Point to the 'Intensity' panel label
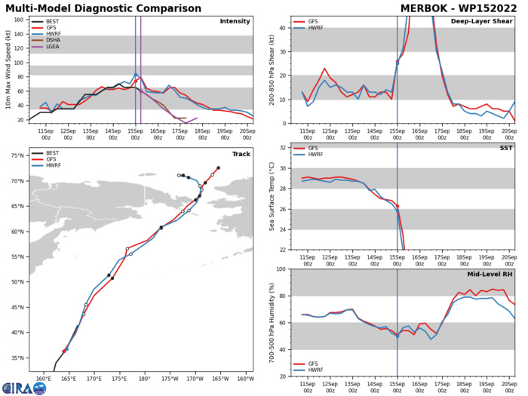click(235, 21)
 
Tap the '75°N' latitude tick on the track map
click(17, 155)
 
